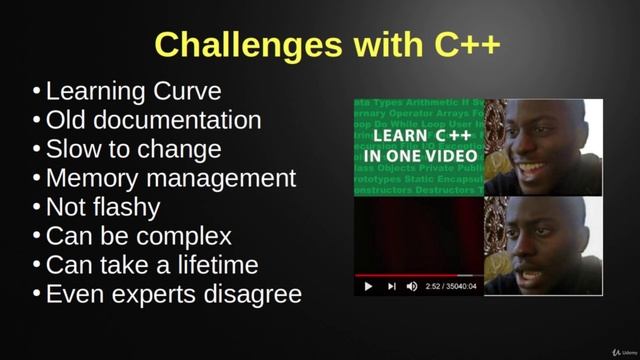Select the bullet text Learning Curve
[133, 92]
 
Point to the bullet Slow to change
[133, 150]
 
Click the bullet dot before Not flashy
[37, 208]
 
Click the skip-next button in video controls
[390, 286]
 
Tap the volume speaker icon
[411, 286]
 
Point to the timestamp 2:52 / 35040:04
[452, 286]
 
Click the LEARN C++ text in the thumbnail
[419, 137]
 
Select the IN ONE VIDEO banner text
[419, 156]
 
